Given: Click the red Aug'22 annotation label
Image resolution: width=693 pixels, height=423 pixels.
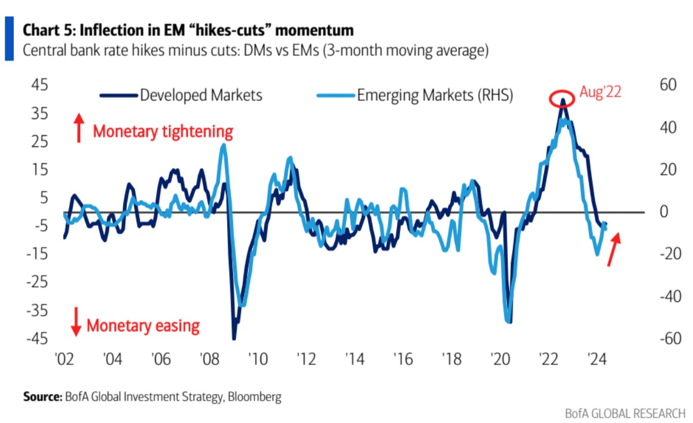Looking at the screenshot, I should [600, 92].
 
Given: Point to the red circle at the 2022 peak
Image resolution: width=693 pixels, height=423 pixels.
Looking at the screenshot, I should [562, 99].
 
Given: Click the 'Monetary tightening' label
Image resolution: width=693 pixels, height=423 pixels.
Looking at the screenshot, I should [163, 131].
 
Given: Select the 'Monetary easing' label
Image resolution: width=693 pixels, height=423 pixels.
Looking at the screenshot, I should [143, 325].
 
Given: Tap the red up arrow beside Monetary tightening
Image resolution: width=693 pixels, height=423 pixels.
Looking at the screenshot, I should [79, 128].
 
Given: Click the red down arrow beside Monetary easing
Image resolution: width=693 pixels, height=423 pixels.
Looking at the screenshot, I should [76, 321].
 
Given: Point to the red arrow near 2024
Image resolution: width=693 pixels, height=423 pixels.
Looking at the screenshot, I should [613, 250].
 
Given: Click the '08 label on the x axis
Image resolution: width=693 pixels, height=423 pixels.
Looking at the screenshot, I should [207, 360].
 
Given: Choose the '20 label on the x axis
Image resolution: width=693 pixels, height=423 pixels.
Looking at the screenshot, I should [500, 360].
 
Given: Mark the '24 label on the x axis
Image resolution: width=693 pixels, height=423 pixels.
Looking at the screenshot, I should [598, 360].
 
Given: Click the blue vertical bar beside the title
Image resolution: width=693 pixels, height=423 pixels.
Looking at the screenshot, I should [9, 38].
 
